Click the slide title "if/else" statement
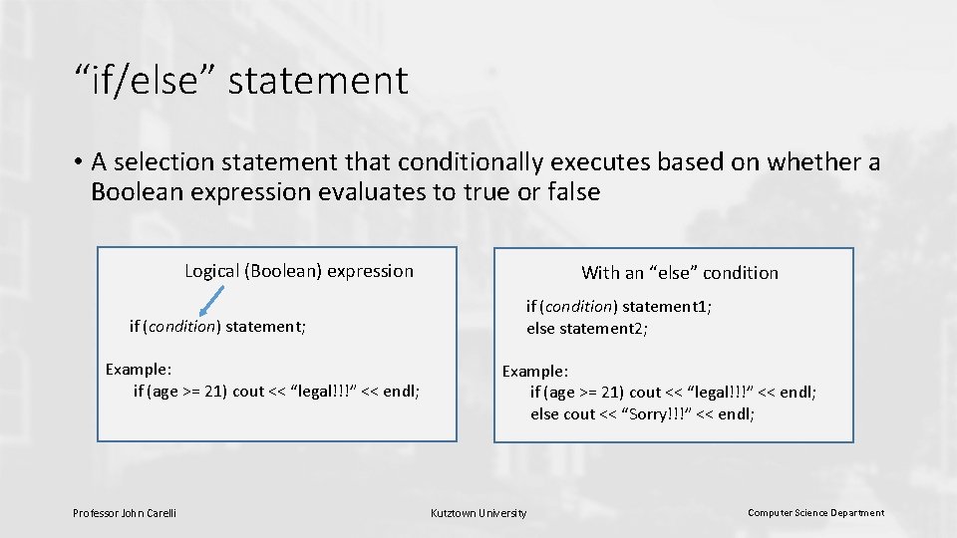tap(240, 81)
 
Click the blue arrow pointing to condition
tap(211, 300)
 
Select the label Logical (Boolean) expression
tap(298, 271)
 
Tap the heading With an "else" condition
tap(680, 273)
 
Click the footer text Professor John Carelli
tap(125, 513)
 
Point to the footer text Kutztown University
tap(478, 513)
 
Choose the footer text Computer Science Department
tap(815, 513)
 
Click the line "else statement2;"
tap(587, 329)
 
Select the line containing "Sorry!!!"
tap(642, 414)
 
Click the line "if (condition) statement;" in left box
tap(217, 326)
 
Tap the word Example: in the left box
tap(139, 370)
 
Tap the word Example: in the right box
tap(534, 372)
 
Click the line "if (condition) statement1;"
tap(618, 307)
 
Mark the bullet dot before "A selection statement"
tap(77, 161)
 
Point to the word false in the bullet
tap(574, 192)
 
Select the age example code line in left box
tap(276, 392)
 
